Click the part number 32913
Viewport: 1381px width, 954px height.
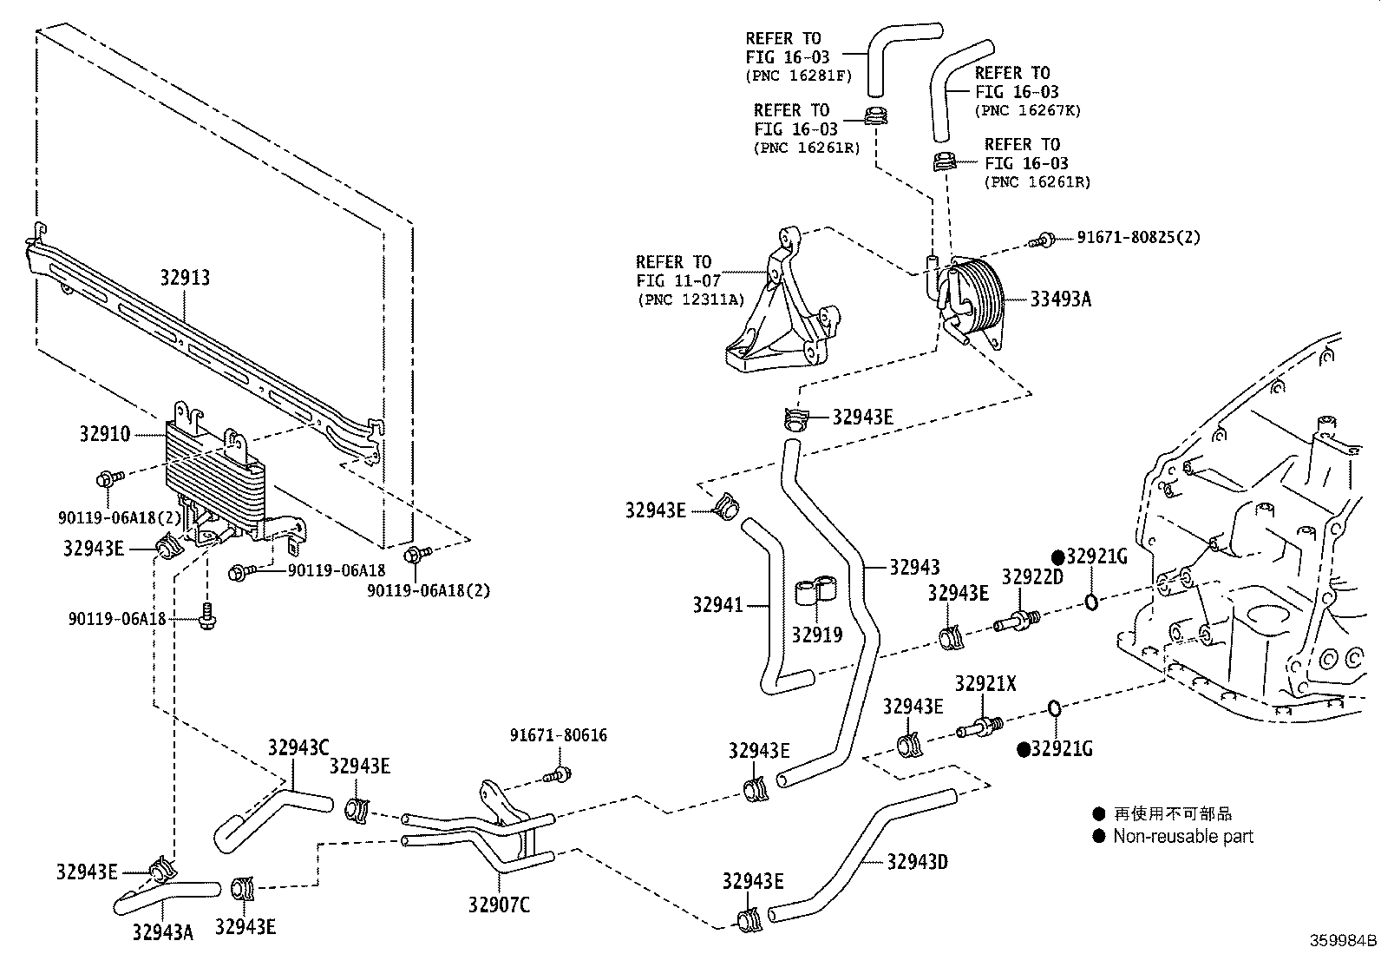pyautogui.click(x=185, y=278)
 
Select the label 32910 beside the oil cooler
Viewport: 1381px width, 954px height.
pyautogui.click(x=104, y=434)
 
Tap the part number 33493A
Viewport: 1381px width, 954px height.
pyautogui.click(x=1060, y=299)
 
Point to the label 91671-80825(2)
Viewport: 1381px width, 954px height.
pyautogui.click(x=1138, y=237)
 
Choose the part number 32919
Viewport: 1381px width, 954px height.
pyautogui.click(x=816, y=635)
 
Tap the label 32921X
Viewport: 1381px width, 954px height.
pyautogui.click(x=985, y=684)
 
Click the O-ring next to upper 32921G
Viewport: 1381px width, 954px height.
pyautogui.click(x=1091, y=601)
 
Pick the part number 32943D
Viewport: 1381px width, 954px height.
pyautogui.click(x=917, y=862)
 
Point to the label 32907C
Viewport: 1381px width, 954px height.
pyautogui.click(x=499, y=905)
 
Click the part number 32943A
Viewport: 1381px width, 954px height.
pyautogui.click(x=162, y=932)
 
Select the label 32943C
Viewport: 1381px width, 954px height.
pyautogui.click(x=298, y=747)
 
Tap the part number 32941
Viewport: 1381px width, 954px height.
pyautogui.click(x=717, y=605)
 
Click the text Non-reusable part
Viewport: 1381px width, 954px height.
pyautogui.click(x=1182, y=837)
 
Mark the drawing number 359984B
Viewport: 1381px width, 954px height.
pyautogui.click(x=1343, y=941)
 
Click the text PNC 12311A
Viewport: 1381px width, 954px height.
pyautogui.click(x=691, y=300)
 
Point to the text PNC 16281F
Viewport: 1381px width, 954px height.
pyautogui.click(x=799, y=76)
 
